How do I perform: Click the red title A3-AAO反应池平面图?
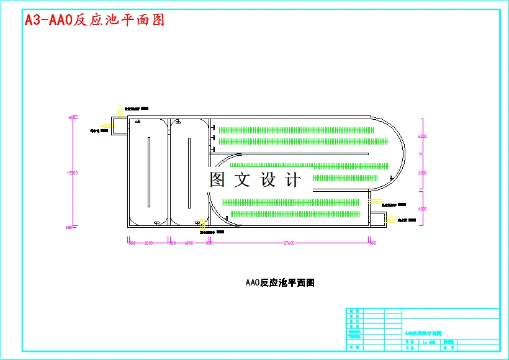(94, 20)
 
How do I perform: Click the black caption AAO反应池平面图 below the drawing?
(280, 283)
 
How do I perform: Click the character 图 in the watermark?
(217, 180)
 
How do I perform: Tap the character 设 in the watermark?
(268, 180)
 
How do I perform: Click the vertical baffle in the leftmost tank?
(149, 172)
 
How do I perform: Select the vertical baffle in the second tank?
(189, 172)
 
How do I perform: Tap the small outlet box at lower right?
(377, 218)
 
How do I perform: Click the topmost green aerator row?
(297, 130)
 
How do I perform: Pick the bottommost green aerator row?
(295, 214)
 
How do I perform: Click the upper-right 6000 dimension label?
(421, 136)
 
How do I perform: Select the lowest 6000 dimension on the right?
(421, 209)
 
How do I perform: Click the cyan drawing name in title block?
(423, 333)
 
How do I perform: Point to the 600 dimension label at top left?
(72, 117)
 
